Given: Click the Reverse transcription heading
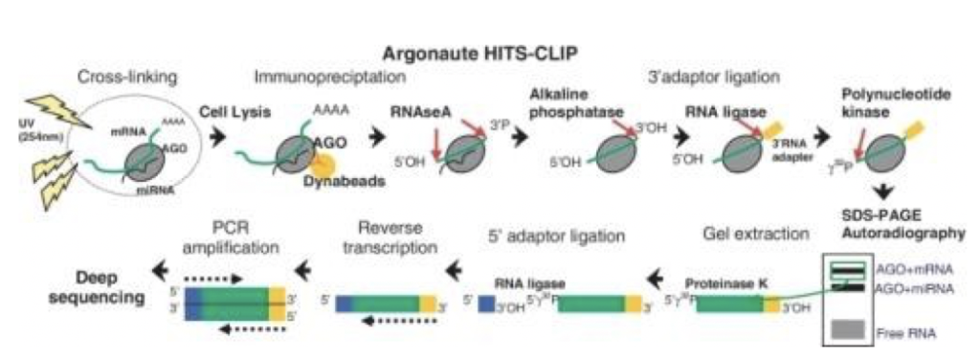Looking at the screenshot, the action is click(x=389, y=235).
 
